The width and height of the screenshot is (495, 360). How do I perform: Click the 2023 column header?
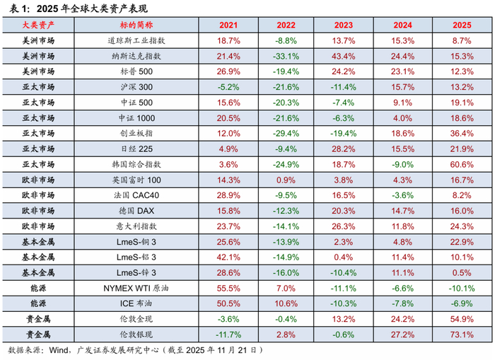(342, 25)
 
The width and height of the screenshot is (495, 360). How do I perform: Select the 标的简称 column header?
(133, 25)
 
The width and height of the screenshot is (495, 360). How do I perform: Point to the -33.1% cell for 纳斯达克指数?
(285, 56)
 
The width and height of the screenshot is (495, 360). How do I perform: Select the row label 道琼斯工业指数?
(133, 41)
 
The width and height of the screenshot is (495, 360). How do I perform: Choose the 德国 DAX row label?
(133, 210)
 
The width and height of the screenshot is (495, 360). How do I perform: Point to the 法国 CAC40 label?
(133, 194)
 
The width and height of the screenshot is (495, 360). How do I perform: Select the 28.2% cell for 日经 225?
(342, 149)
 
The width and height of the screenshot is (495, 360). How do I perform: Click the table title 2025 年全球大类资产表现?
(87, 8)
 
